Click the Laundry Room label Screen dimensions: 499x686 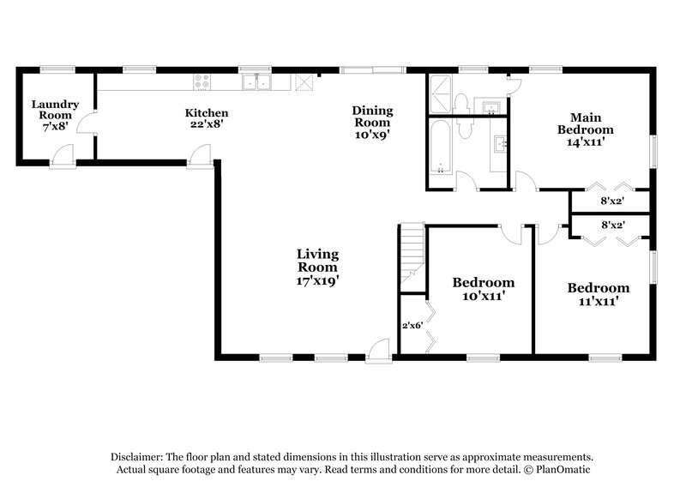tap(56, 110)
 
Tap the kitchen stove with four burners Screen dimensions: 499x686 tap(203, 82)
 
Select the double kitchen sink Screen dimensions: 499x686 tap(256, 82)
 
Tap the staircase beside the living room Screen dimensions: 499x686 tap(412, 249)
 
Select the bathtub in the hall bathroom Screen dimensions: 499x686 tap(442, 147)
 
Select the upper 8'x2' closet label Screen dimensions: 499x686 tap(612, 201)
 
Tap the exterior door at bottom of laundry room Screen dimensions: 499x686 tap(63, 157)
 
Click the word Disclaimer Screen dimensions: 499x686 tap(139, 457)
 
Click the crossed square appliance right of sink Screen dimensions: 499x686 tap(304, 82)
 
